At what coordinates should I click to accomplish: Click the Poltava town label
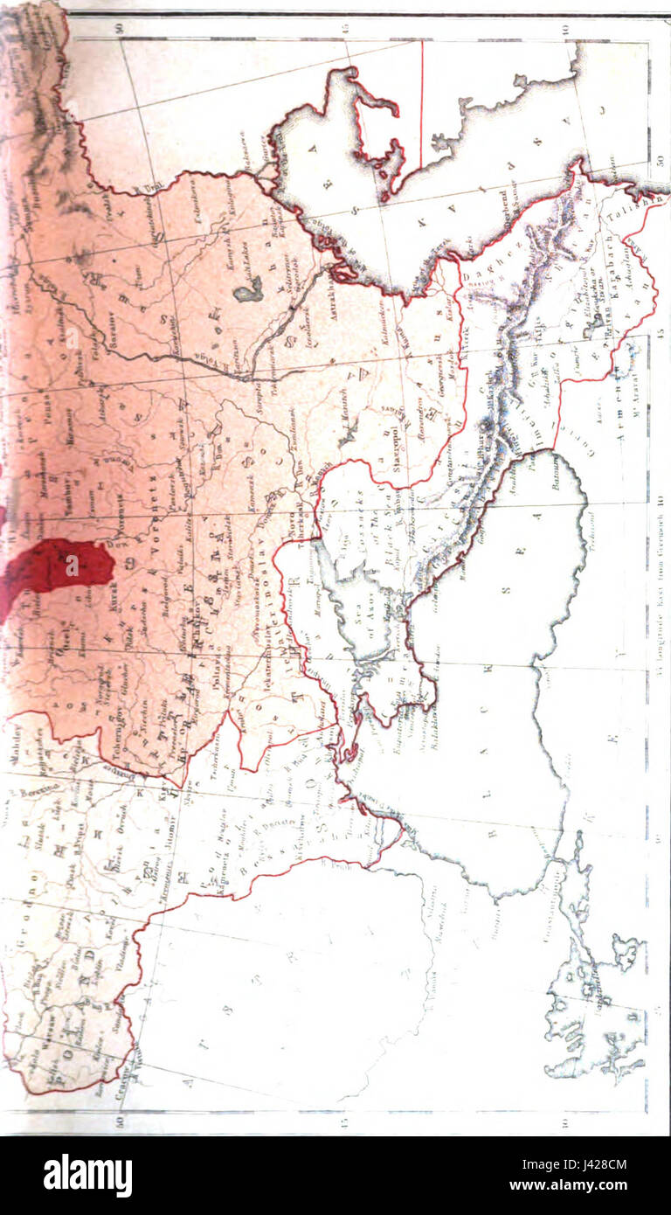coord(212,664)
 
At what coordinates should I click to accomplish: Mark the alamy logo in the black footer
coord(87,1175)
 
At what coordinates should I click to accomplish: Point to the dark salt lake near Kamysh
coord(247,290)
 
